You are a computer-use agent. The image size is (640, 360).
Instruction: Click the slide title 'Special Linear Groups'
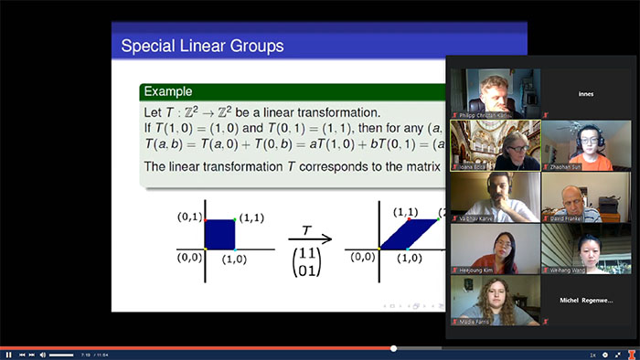pos(202,45)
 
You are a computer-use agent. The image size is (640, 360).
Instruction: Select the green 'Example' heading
pos(167,91)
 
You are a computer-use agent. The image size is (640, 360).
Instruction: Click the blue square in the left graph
pos(220,234)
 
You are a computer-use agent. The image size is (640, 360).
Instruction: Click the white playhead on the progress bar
pos(394,348)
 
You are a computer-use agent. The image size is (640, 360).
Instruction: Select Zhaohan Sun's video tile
pos(586,145)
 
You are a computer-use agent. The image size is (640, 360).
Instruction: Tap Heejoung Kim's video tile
pos(495,249)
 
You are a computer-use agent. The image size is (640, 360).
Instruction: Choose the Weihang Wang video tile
pos(586,249)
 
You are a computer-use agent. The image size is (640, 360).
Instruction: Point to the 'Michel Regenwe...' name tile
pos(586,301)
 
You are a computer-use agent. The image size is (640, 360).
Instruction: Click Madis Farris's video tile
pos(495,302)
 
